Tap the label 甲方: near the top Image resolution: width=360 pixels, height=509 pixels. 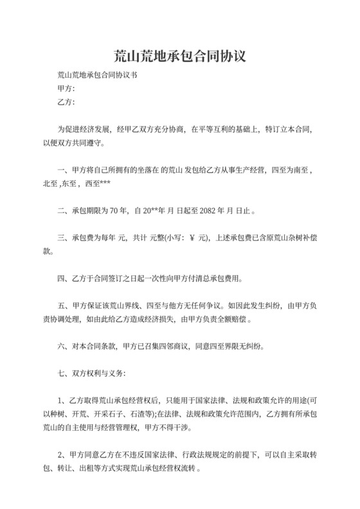66,88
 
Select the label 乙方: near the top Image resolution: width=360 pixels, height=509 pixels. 66,102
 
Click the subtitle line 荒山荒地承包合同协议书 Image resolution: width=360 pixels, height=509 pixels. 97,75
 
